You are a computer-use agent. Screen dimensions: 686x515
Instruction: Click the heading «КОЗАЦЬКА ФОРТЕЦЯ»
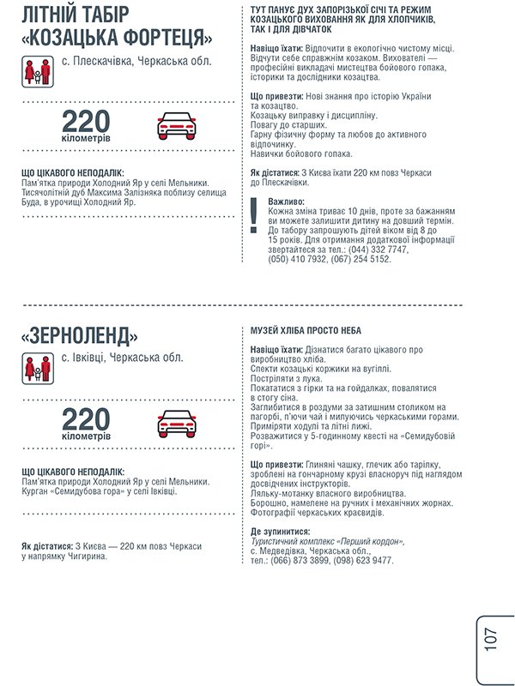(x=117, y=39)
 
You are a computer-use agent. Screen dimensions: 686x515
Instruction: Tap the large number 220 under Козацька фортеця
(x=86, y=122)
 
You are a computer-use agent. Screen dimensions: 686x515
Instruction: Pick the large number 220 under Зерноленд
(x=86, y=419)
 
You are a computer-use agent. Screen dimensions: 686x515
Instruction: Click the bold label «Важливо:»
(x=287, y=202)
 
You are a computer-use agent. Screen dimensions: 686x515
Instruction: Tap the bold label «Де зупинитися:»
(x=280, y=532)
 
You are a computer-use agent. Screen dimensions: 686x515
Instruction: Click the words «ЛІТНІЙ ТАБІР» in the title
(x=74, y=14)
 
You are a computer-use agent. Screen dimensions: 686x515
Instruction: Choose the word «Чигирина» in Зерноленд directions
(x=82, y=557)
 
